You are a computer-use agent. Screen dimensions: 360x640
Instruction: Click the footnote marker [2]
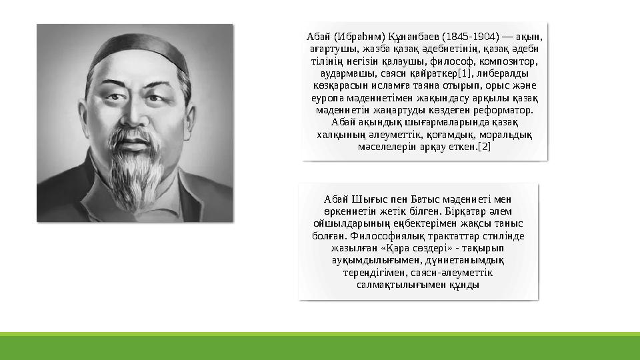click(484, 147)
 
